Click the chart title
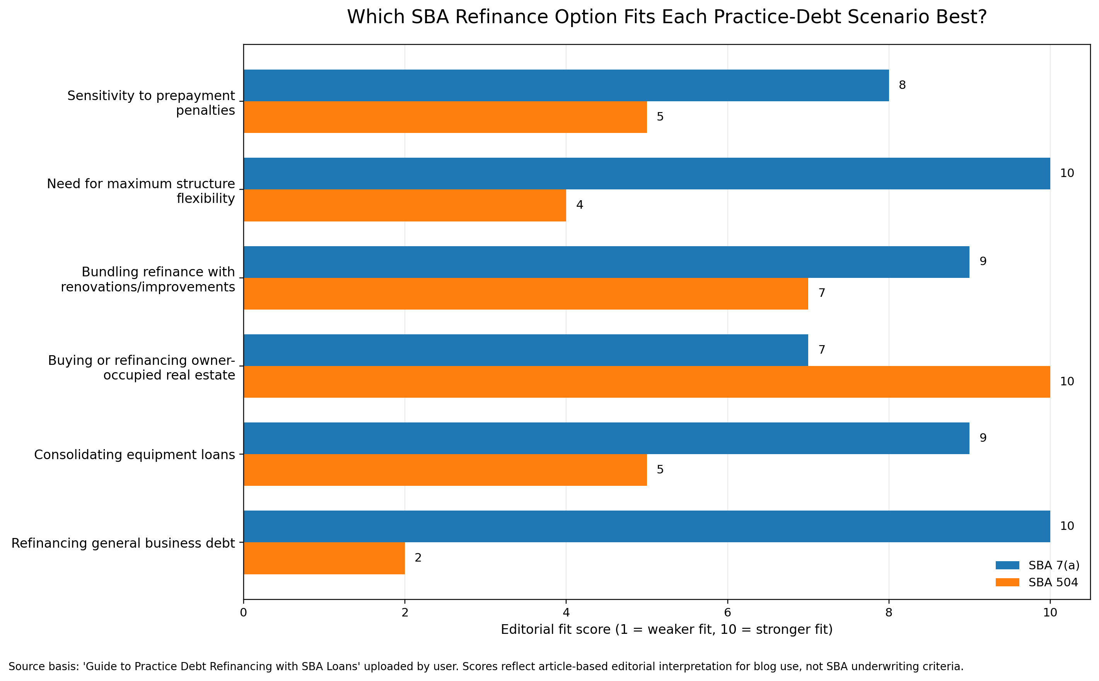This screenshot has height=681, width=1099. (666, 17)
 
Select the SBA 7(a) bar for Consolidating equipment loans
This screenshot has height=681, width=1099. (606, 438)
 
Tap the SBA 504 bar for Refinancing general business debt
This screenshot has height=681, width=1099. (324, 558)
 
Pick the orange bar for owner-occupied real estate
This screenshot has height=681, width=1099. (647, 381)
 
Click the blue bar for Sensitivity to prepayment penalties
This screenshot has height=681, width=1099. (566, 85)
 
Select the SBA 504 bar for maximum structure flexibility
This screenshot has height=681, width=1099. (404, 205)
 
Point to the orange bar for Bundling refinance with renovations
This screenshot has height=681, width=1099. (526, 293)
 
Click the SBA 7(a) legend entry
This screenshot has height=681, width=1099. (1037, 565)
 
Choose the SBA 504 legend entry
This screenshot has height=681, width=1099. (1037, 582)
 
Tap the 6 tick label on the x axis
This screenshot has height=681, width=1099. (727, 613)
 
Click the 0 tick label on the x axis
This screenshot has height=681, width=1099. (243, 613)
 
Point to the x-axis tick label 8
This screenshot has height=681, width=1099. (889, 613)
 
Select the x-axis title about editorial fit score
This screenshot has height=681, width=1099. (666, 629)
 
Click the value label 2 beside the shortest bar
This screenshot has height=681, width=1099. (418, 558)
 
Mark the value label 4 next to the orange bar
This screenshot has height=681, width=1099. (579, 205)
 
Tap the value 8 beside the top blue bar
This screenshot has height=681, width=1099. (902, 85)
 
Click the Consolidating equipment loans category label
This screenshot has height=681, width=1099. (135, 455)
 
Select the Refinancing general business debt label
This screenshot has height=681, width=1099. (123, 543)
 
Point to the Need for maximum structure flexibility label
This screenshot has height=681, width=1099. (141, 191)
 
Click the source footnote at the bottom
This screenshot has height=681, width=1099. (486, 666)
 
